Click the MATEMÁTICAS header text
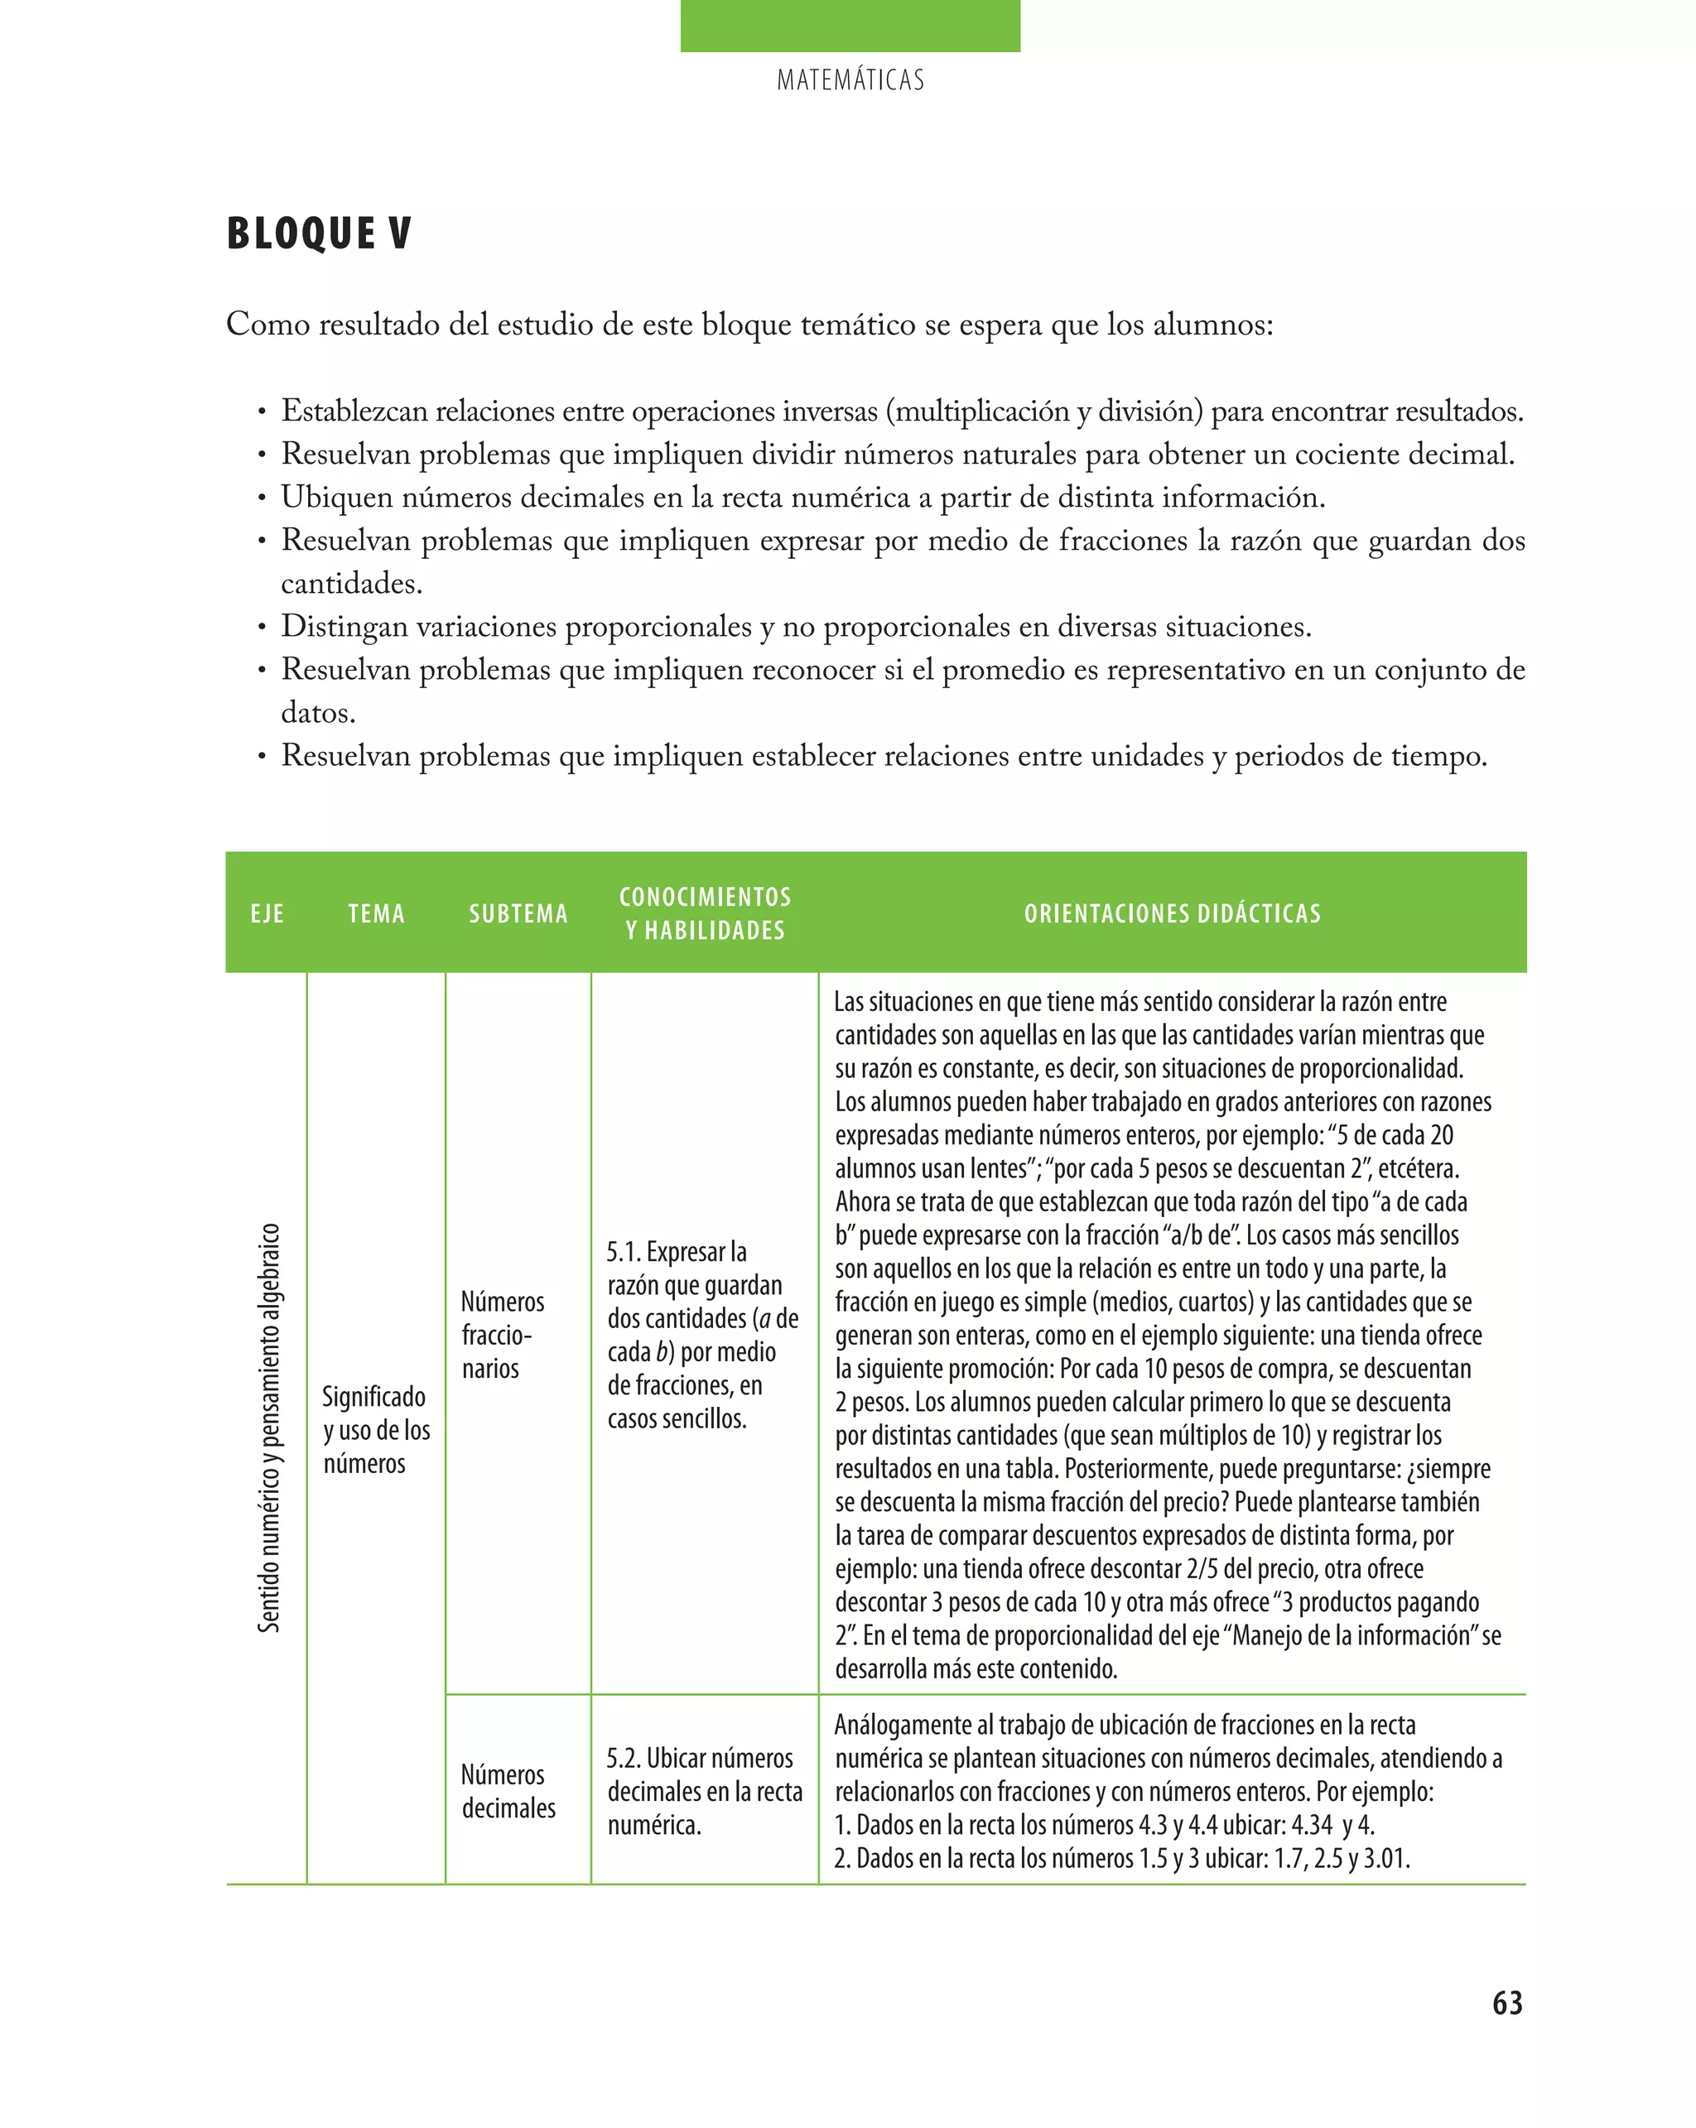coord(850,80)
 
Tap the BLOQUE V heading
coord(319,234)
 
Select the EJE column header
coord(267,914)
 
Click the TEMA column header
coord(376,914)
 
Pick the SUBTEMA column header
coord(518,914)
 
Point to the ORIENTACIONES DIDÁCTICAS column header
coord(1172,914)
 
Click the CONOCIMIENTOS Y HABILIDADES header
coord(705,913)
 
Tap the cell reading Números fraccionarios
coord(503,1335)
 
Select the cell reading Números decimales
coord(508,1792)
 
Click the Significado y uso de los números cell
coord(376,1429)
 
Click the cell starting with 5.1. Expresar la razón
coord(702,1335)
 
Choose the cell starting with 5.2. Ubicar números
coord(704,1792)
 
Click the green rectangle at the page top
coord(850,26)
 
